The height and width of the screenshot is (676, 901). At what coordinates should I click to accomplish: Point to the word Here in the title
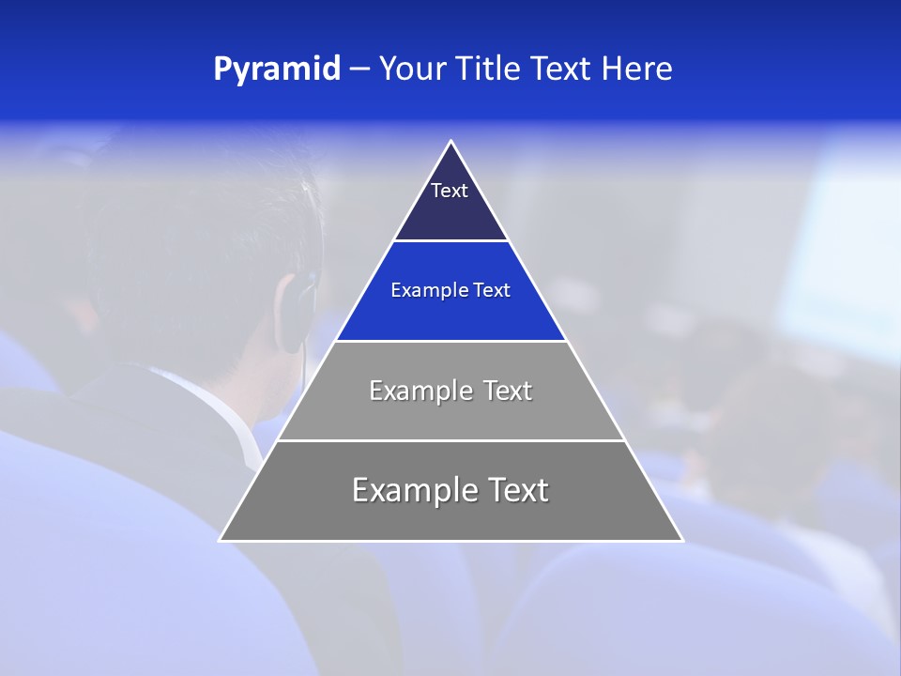[637, 69]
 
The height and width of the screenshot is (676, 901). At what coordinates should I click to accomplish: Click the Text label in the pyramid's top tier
[450, 191]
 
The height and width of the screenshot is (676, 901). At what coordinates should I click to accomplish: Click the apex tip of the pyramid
[451, 143]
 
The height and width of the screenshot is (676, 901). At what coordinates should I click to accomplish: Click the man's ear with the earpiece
[298, 300]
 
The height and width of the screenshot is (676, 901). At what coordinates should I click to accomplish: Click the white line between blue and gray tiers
[451, 341]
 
